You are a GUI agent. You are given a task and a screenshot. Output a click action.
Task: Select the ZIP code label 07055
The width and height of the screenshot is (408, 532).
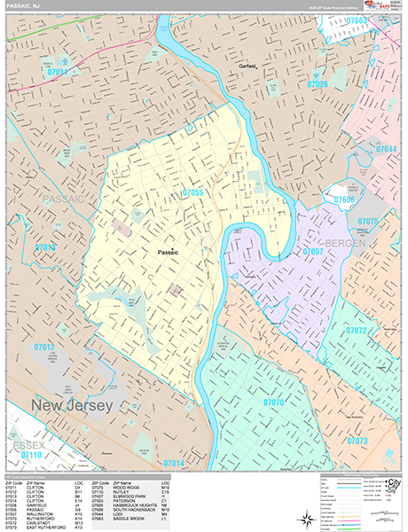193,192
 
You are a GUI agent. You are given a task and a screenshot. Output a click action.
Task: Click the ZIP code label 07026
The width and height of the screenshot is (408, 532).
317,85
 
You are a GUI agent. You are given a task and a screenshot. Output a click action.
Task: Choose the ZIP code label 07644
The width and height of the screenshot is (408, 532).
387,148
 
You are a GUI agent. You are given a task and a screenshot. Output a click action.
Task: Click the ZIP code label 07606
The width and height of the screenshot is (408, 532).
344,201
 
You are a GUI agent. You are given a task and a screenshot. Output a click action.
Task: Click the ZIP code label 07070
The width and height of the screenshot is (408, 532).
274,403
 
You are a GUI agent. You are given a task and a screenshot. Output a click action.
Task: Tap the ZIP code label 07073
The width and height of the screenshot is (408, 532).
357,441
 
